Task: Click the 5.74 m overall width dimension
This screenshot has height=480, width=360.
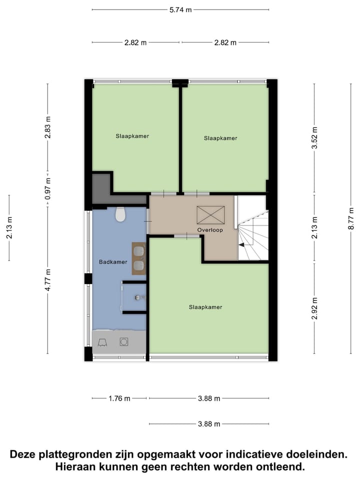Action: [x=180, y=9]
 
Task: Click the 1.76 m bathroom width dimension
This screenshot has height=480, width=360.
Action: [x=119, y=398]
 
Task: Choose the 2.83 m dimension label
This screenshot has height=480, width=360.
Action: [x=48, y=127]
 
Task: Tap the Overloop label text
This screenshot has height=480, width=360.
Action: [x=210, y=230]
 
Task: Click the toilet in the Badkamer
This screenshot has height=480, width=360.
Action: [x=120, y=214]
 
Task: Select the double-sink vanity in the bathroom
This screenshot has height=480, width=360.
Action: [x=138, y=258]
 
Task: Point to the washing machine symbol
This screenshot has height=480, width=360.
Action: [x=123, y=342]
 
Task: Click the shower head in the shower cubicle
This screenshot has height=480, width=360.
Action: [x=138, y=297]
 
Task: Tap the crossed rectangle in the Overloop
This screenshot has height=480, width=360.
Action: [x=210, y=215]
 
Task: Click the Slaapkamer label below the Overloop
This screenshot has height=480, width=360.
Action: [x=205, y=307]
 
